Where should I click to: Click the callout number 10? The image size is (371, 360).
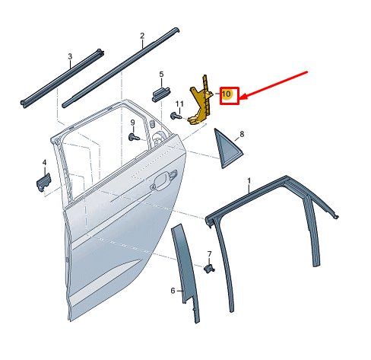click(227, 94)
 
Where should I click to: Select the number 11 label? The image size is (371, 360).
click(179, 104)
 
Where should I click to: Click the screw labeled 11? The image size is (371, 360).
click(176, 116)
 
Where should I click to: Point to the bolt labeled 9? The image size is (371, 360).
click(134, 137)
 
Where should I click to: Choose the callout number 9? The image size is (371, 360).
click(132, 123)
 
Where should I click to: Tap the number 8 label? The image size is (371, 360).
click(242, 134)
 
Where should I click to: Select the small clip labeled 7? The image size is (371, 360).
click(209, 269)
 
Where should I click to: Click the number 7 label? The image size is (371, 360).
click(209, 254)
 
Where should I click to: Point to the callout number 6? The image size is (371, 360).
click(173, 291)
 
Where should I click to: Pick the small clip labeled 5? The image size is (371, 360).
click(160, 94)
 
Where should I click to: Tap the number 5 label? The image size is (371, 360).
click(161, 75)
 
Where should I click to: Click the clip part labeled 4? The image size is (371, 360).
click(43, 182)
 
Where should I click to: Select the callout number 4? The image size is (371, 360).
click(44, 162)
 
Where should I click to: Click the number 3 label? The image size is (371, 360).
click(70, 56)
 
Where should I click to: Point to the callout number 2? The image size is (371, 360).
click(142, 36)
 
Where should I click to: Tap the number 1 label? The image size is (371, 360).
click(249, 180)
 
